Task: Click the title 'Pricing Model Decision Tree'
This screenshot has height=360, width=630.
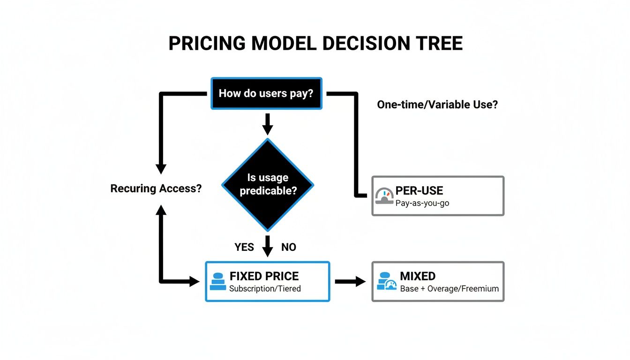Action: [315, 43]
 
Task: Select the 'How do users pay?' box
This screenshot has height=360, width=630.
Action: [266, 93]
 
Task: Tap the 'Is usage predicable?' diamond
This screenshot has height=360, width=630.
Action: [267, 184]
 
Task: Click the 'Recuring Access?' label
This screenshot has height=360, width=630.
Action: [156, 188]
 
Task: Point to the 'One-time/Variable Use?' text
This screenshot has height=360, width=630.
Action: [437, 105]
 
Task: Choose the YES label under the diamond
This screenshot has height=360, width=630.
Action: [244, 247]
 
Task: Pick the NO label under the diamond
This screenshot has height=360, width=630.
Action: [289, 247]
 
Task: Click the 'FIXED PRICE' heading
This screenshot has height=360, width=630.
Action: [264, 276]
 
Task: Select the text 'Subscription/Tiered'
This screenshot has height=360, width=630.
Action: [264, 288]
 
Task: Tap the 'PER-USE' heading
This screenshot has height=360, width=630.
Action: [419, 190]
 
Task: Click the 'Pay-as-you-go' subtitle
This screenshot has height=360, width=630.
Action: [422, 203]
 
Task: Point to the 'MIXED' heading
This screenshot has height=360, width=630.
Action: [418, 276]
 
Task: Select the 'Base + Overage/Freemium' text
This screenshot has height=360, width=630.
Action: [449, 288]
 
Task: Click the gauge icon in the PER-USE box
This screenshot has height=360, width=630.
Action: [384, 197]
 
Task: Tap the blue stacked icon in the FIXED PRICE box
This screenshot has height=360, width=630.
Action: [217, 281]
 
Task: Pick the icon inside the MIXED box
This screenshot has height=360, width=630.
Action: [387, 281]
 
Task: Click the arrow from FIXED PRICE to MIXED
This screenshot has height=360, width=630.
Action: [350, 281]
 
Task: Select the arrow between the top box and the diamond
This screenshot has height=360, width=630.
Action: [267, 124]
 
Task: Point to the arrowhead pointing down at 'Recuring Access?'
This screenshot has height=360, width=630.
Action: [161, 169]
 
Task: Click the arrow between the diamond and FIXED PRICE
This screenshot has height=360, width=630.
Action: [267, 246]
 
